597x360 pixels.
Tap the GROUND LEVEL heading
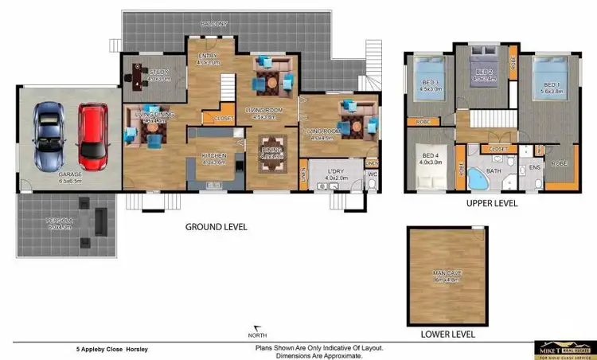tap(216, 227)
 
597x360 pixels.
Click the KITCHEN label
tap(214, 156)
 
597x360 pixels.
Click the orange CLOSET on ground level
tap(214, 119)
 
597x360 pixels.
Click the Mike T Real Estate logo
tap(566, 348)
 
